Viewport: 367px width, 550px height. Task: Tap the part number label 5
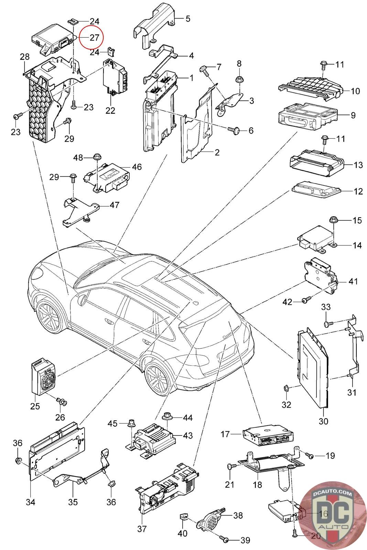(x=188, y=19)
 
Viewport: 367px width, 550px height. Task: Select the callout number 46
(x=137, y=167)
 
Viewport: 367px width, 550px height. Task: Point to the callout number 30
(x=324, y=421)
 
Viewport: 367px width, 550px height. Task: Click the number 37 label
(x=142, y=529)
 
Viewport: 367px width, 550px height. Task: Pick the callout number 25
(x=35, y=406)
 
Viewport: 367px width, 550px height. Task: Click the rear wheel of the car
(x=159, y=378)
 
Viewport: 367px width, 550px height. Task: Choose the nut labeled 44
(x=169, y=417)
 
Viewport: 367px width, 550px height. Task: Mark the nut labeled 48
(x=96, y=157)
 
